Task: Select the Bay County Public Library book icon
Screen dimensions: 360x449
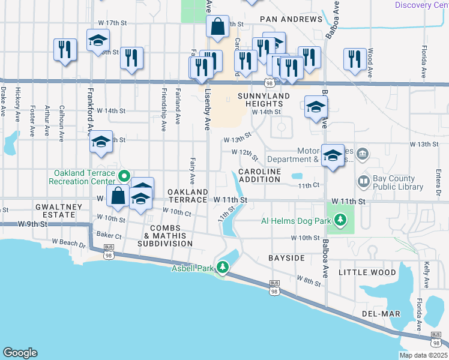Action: click(x=363, y=181)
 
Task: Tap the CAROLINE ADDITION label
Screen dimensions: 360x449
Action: click(x=260, y=176)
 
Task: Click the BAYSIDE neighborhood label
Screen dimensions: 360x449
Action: click(x=287, y=257)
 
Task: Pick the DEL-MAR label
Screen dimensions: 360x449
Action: click(x=376, y=314)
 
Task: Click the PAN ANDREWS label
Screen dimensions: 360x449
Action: click(x=292, y=19)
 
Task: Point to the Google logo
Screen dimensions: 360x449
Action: click(x=20, y=353)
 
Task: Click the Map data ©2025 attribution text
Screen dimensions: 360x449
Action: click(x=423, y=355)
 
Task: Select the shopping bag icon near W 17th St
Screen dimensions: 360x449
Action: click(x=217, y=26)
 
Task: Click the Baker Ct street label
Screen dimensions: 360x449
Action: click(x=108, y=237)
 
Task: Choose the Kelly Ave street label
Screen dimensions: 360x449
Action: click(x=426, y=273)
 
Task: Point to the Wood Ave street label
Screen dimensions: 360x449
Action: click(x=370, y=59)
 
